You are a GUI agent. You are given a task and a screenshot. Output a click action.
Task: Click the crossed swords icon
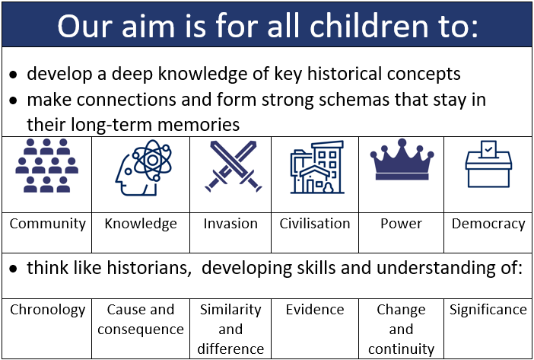(x=234, y=166)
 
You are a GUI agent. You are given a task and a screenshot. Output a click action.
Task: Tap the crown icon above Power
(x=402, y=159)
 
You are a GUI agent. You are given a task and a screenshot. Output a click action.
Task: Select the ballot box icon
(x=488, y=164)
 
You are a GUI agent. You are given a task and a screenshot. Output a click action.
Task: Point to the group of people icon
(x=46, y=165)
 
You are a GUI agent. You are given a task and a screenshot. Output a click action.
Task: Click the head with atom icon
(x=143, y=167)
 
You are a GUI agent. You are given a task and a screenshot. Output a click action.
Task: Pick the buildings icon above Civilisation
(x=317, y=167)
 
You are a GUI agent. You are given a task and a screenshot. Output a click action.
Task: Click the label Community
(x=48, y=225)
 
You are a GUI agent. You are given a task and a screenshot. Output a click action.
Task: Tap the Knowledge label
(x=141, y=225)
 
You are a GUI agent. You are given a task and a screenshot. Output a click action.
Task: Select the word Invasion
(x=230, y=224)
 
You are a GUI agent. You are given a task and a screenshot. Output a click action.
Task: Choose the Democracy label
(x=488, y=225)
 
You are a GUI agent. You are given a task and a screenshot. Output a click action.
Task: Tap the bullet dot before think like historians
(x=13, y=269)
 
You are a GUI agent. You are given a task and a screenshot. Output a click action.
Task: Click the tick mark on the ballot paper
(x=488, y=149)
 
